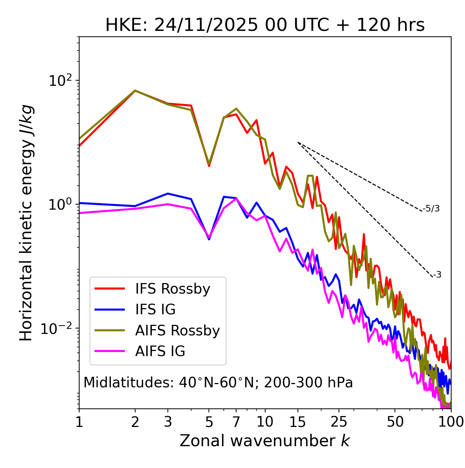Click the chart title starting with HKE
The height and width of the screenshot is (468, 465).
265,25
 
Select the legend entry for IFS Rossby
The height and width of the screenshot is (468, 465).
173,289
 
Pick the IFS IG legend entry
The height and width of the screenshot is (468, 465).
155,310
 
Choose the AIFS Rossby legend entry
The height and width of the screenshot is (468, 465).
177,331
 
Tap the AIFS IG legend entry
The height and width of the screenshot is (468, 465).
160,351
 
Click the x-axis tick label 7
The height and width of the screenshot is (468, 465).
236,422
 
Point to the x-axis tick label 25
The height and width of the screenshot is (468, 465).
339,422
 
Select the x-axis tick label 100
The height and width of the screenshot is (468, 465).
451,422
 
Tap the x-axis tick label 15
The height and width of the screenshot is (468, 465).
298,422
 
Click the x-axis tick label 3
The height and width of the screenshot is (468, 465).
167,422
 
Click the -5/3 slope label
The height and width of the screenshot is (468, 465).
431,209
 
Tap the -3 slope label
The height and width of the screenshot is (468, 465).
437,275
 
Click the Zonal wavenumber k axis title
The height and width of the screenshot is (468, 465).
265,441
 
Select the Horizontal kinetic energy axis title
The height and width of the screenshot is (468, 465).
26,223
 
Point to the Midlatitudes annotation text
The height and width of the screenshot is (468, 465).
218,383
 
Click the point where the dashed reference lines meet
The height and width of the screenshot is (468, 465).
298,142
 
